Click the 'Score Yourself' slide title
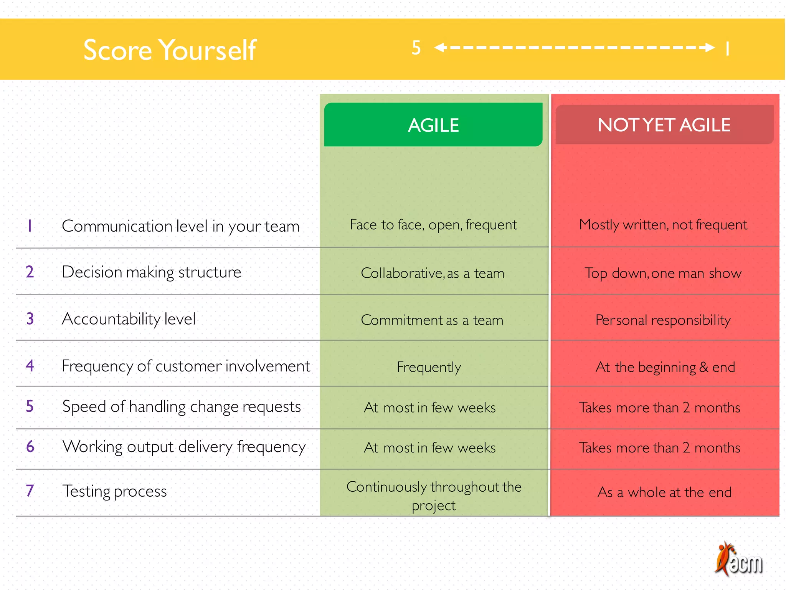[x=170, y=50]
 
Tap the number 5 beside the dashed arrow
[x=416, y=48]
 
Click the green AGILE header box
[x=433, y=125]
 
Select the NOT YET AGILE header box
[x=664, y=125]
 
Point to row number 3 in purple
[x=30, y=319]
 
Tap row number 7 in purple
[x=30, y=491]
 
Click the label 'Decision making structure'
[x=152, y=272]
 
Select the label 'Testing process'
[x=115, y=491]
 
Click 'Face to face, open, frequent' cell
[x=433, y=225]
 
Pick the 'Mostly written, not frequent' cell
[x=663, y=225]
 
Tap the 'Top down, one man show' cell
[x=663, y=273]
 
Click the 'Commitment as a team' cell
[x=432, y=320]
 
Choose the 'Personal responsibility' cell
[x=663, y=320]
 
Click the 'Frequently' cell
[x=429, y=367]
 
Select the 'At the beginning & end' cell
[x=665, y=367]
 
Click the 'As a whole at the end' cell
[x=664, y=492]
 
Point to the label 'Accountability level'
[x=129, y=319]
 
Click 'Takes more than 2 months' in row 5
[x=659, y=408]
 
